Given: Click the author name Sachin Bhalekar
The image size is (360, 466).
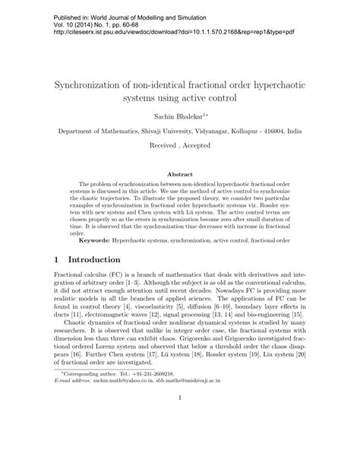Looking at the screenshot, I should [177, 114].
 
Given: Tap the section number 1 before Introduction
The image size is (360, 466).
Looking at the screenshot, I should [58, 258].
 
